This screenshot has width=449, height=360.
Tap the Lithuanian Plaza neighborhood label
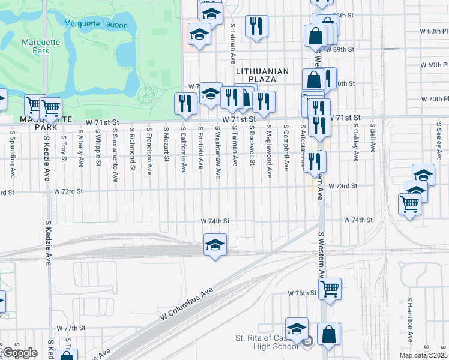click(x=262, y=75)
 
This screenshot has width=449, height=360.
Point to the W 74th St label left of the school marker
click(x=215, y=221)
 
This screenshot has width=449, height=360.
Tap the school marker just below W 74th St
click(x=215, y=245)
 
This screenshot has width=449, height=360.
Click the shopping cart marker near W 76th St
click(x=330, y=289)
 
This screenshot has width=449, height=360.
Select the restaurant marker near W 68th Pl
click(x=256, y=26)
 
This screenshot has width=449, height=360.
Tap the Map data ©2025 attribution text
click(x=424, y=355)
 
